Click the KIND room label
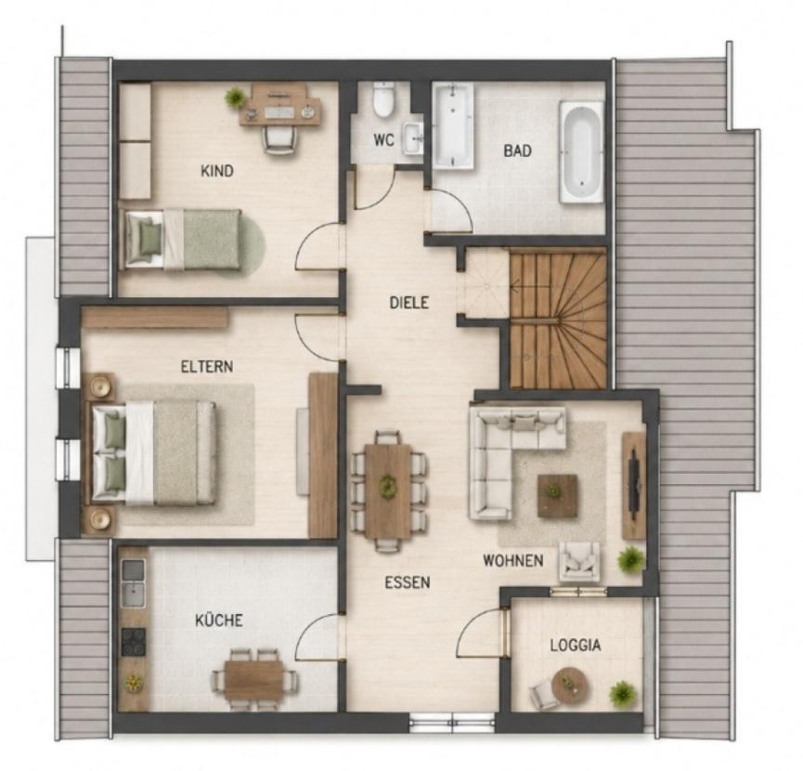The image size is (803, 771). (x=217, y=171)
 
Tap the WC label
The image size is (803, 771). (x=383, y=139)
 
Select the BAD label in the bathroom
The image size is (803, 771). (x=517, y=150)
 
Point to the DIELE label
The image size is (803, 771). (x=408, y=303)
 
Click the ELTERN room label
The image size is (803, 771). (x=207, y=367)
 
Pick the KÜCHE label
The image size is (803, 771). (x=219, y=621)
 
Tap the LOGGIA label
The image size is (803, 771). (x=576, y=646)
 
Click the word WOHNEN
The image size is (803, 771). (x=513, y=560)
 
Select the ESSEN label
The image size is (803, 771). (x=408, y=582)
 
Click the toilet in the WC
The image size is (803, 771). (x=383, y=100)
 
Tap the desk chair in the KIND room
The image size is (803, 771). (x=279, y=138)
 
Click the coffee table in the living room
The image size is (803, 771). (x=557, y=495)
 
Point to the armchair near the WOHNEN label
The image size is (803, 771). (x=579, y=561)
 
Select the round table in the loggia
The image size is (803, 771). (x=568, y=686)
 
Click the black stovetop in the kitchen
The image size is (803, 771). (x=134, y=643)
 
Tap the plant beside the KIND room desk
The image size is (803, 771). (x=235, y=97)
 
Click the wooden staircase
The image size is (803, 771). (x=558, y=318)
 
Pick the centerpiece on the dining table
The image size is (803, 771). (x=388, y=485)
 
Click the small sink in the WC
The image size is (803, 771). (x=413, y=137)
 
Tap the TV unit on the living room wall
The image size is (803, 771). (x=633, y=485)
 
